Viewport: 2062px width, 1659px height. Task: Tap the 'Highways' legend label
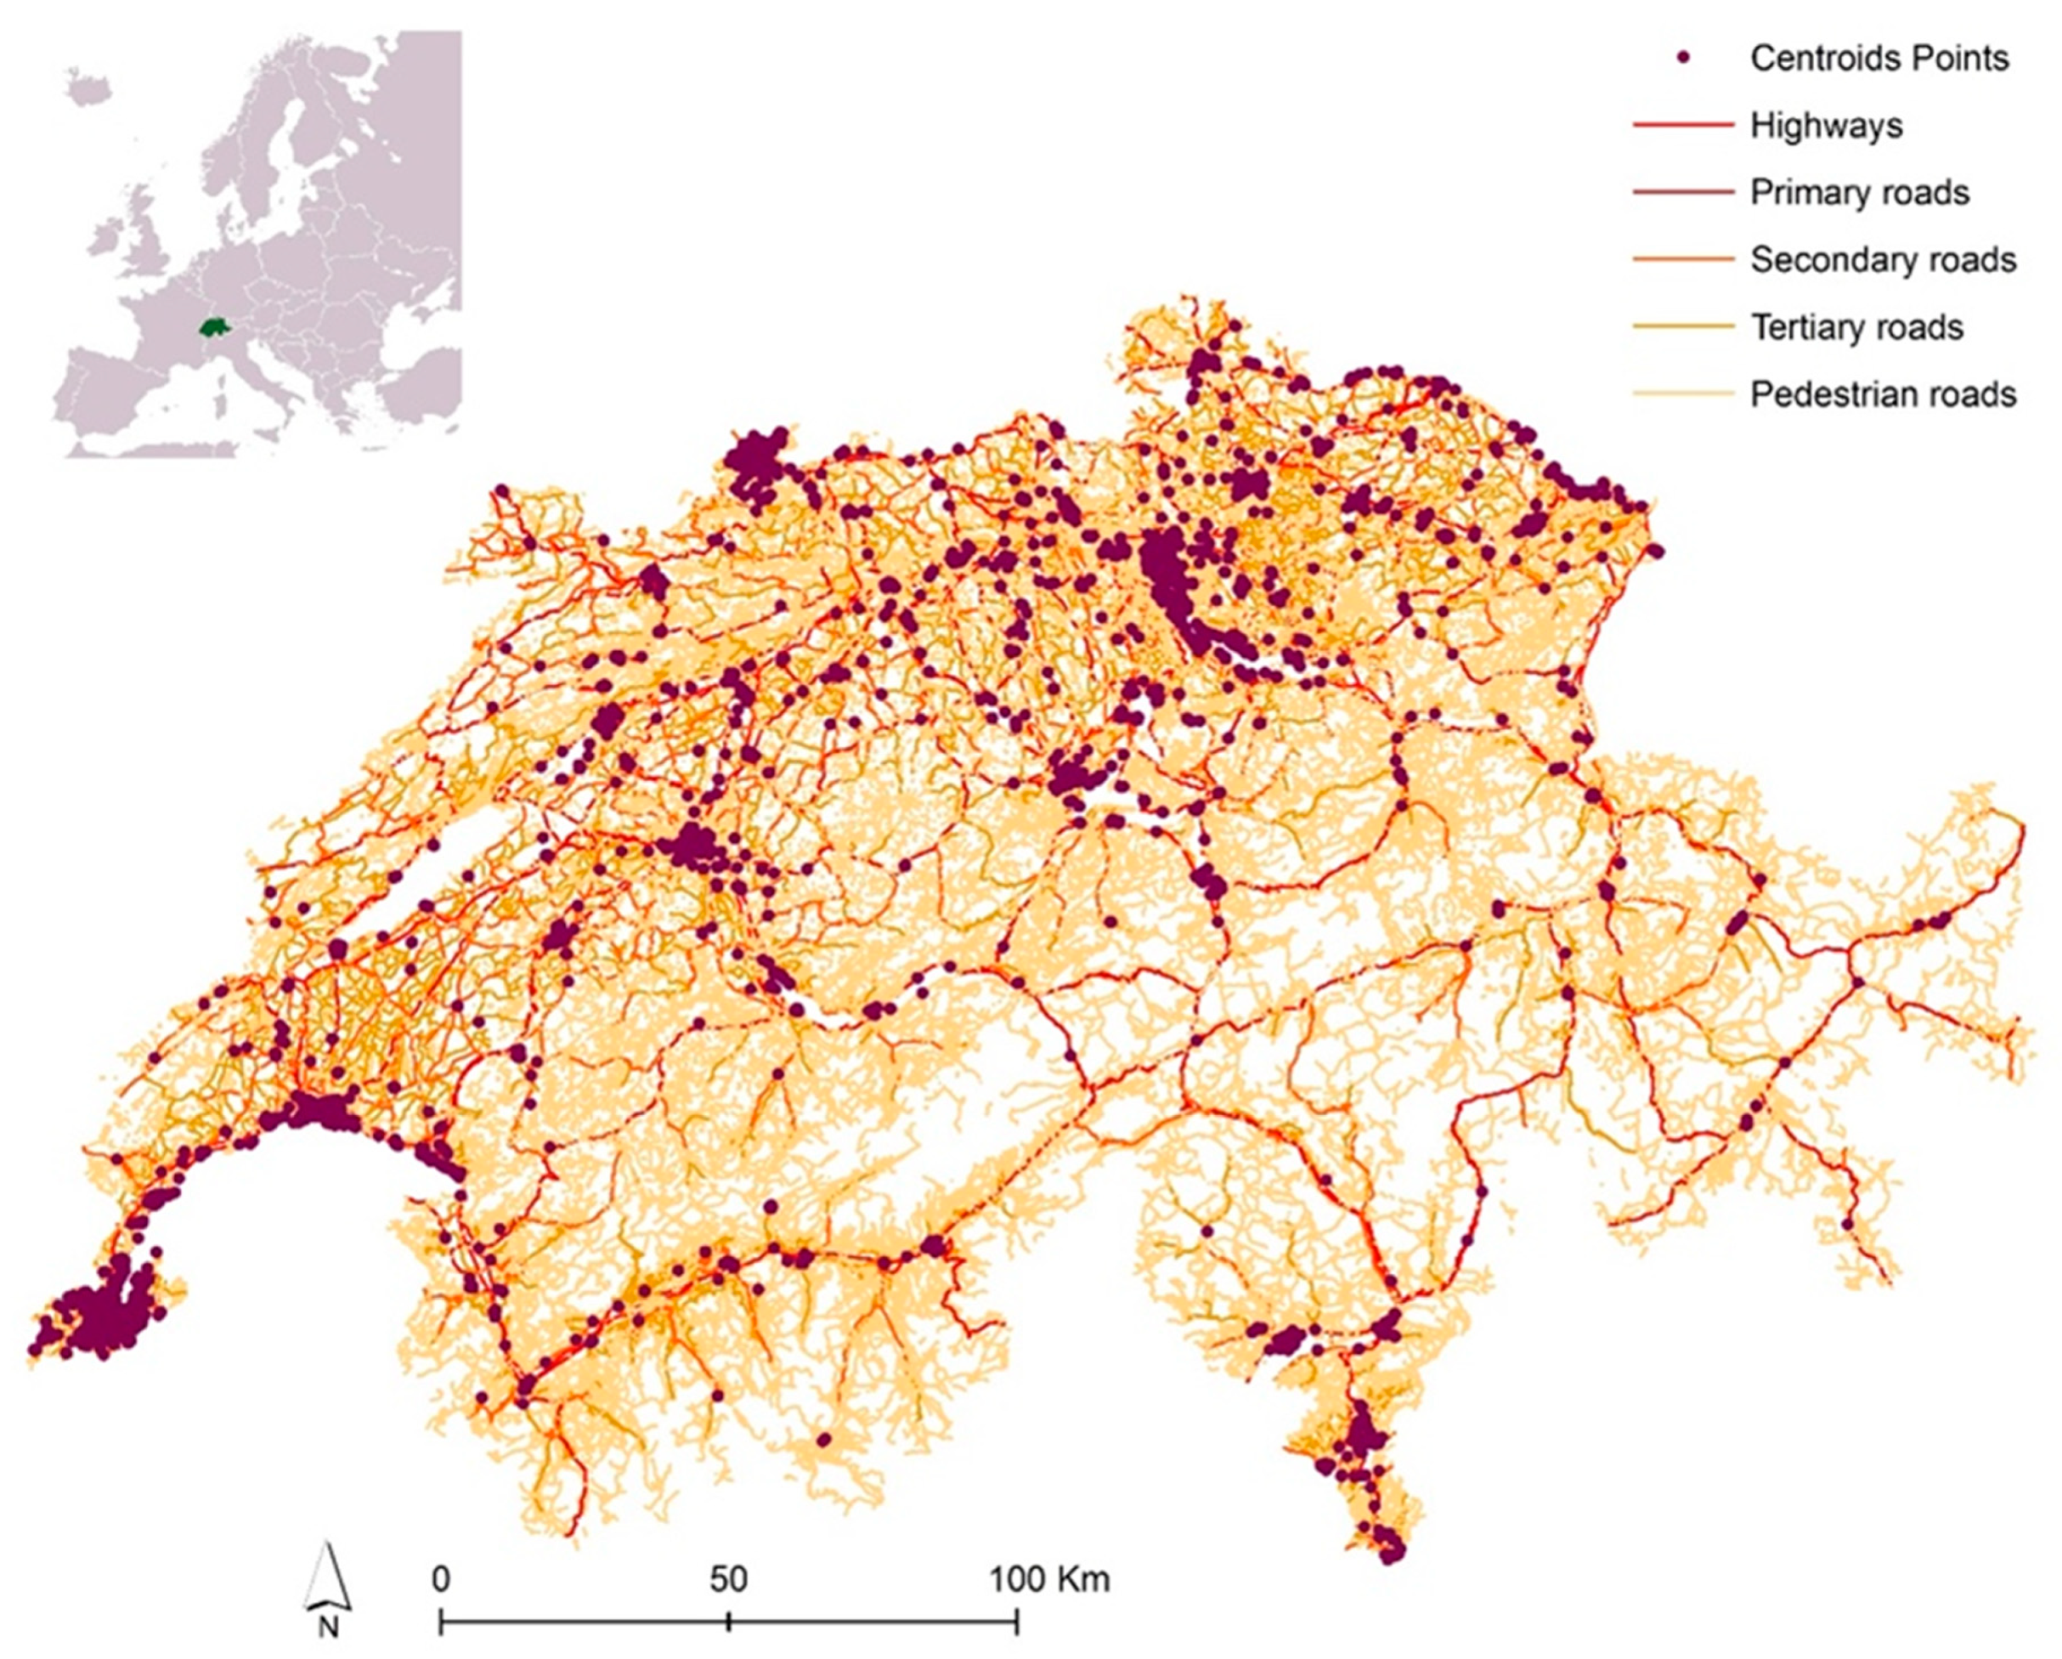1826,126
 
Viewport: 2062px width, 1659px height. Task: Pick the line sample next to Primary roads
1683,192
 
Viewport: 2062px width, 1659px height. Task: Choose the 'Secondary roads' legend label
1882,259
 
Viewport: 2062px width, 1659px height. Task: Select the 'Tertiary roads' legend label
1856,327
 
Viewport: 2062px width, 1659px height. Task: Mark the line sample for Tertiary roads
1683,327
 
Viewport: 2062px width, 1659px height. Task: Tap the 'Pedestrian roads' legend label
1882,394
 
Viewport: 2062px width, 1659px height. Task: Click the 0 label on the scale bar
440,1579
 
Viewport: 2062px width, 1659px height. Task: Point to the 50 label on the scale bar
728,1579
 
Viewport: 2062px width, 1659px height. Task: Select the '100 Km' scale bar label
1048,1579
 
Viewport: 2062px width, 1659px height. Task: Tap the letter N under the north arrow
328,1626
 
